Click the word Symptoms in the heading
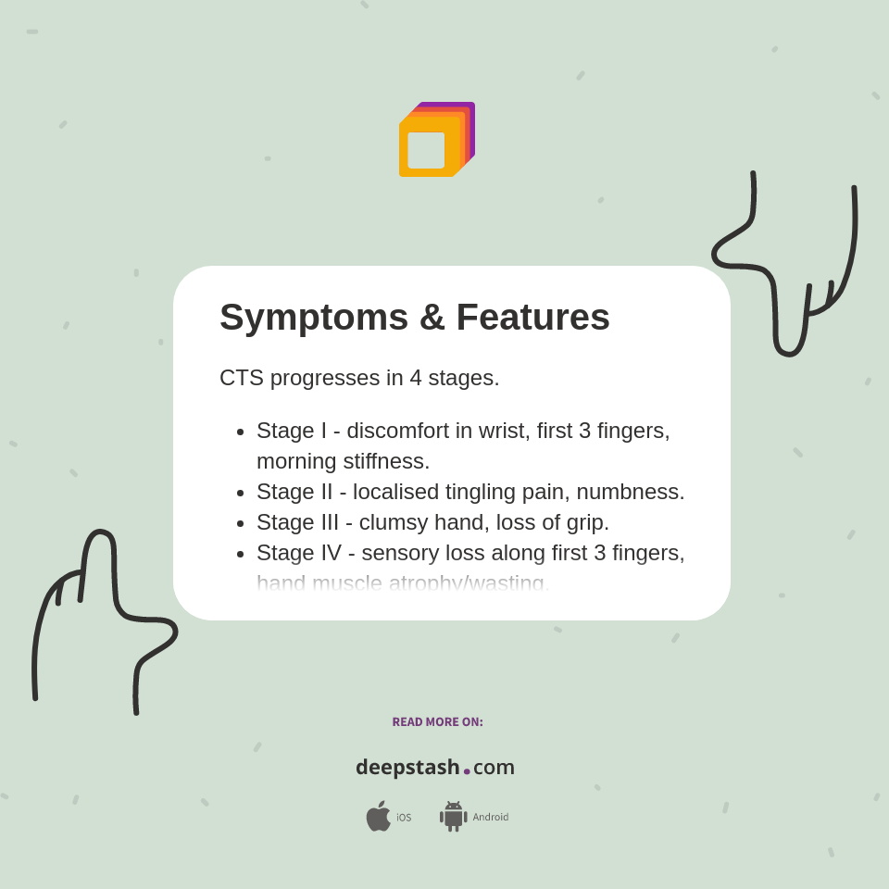tap(313, 318)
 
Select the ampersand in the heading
tap(432, 318)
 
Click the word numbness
tap(638, 492)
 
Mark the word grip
tap(584, 522)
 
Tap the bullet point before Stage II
tap(240, 493)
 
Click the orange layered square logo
tap(436, 140)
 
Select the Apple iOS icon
tap(378, 816)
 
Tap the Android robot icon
tap(453, 816)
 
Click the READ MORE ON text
tap(437, 722)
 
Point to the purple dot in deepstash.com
tap(467, 770)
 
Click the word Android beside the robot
tap(490, 817)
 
